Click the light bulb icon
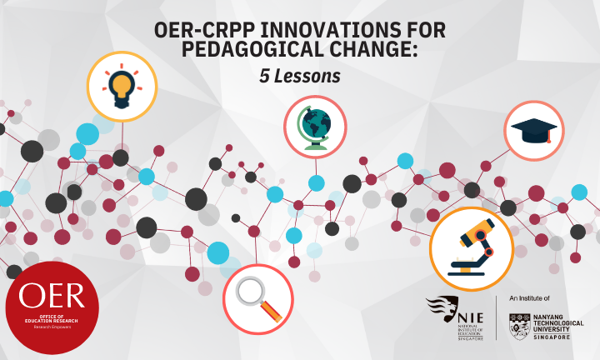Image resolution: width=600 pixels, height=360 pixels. (x=122, y=86)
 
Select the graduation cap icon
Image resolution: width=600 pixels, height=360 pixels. (x=533, y=131)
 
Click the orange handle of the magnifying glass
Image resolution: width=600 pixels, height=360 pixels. (x=272, y=312)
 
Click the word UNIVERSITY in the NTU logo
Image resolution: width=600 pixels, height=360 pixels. (x=558, y=330)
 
